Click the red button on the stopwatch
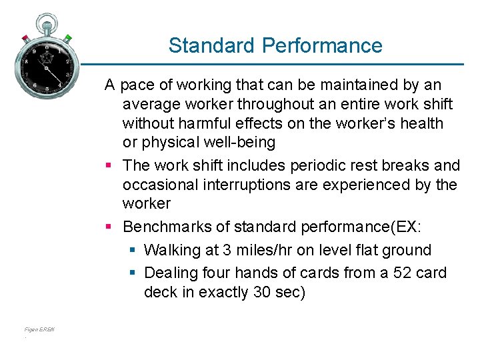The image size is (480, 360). [24, 38]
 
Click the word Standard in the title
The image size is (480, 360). [213, 45]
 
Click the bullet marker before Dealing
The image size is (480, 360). [133, 273]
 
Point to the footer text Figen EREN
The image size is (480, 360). [39, 329]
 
